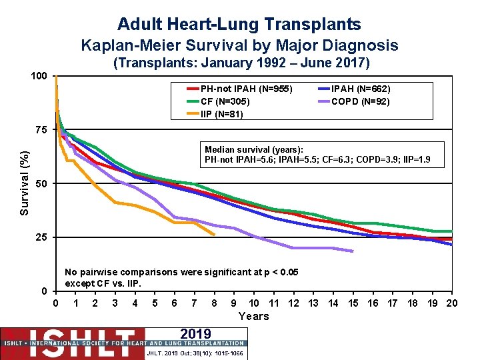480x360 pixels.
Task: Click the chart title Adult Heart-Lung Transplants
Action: coord(239,25)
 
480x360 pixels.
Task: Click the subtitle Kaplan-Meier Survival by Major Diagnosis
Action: coord(239,45)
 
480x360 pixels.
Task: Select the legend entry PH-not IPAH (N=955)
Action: coord(246,89)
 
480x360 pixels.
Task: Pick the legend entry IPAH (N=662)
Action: coord(361,89)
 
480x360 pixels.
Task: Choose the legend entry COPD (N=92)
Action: coord(360,101)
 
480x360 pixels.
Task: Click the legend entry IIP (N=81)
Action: coord(222,114)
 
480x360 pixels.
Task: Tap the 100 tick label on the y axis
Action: coord(39,76)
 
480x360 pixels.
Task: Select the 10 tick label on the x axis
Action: coord(254,303)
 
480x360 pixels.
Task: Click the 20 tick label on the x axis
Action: coord(452,303)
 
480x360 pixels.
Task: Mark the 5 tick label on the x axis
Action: coord(155,303)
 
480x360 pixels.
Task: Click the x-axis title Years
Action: coord(253,317)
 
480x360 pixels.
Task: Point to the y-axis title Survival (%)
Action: coord(24,183)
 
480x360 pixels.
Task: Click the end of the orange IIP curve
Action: coord(214,235)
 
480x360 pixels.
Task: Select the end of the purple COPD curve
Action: coord(353,251)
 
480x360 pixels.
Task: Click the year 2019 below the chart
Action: coord(195,334)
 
